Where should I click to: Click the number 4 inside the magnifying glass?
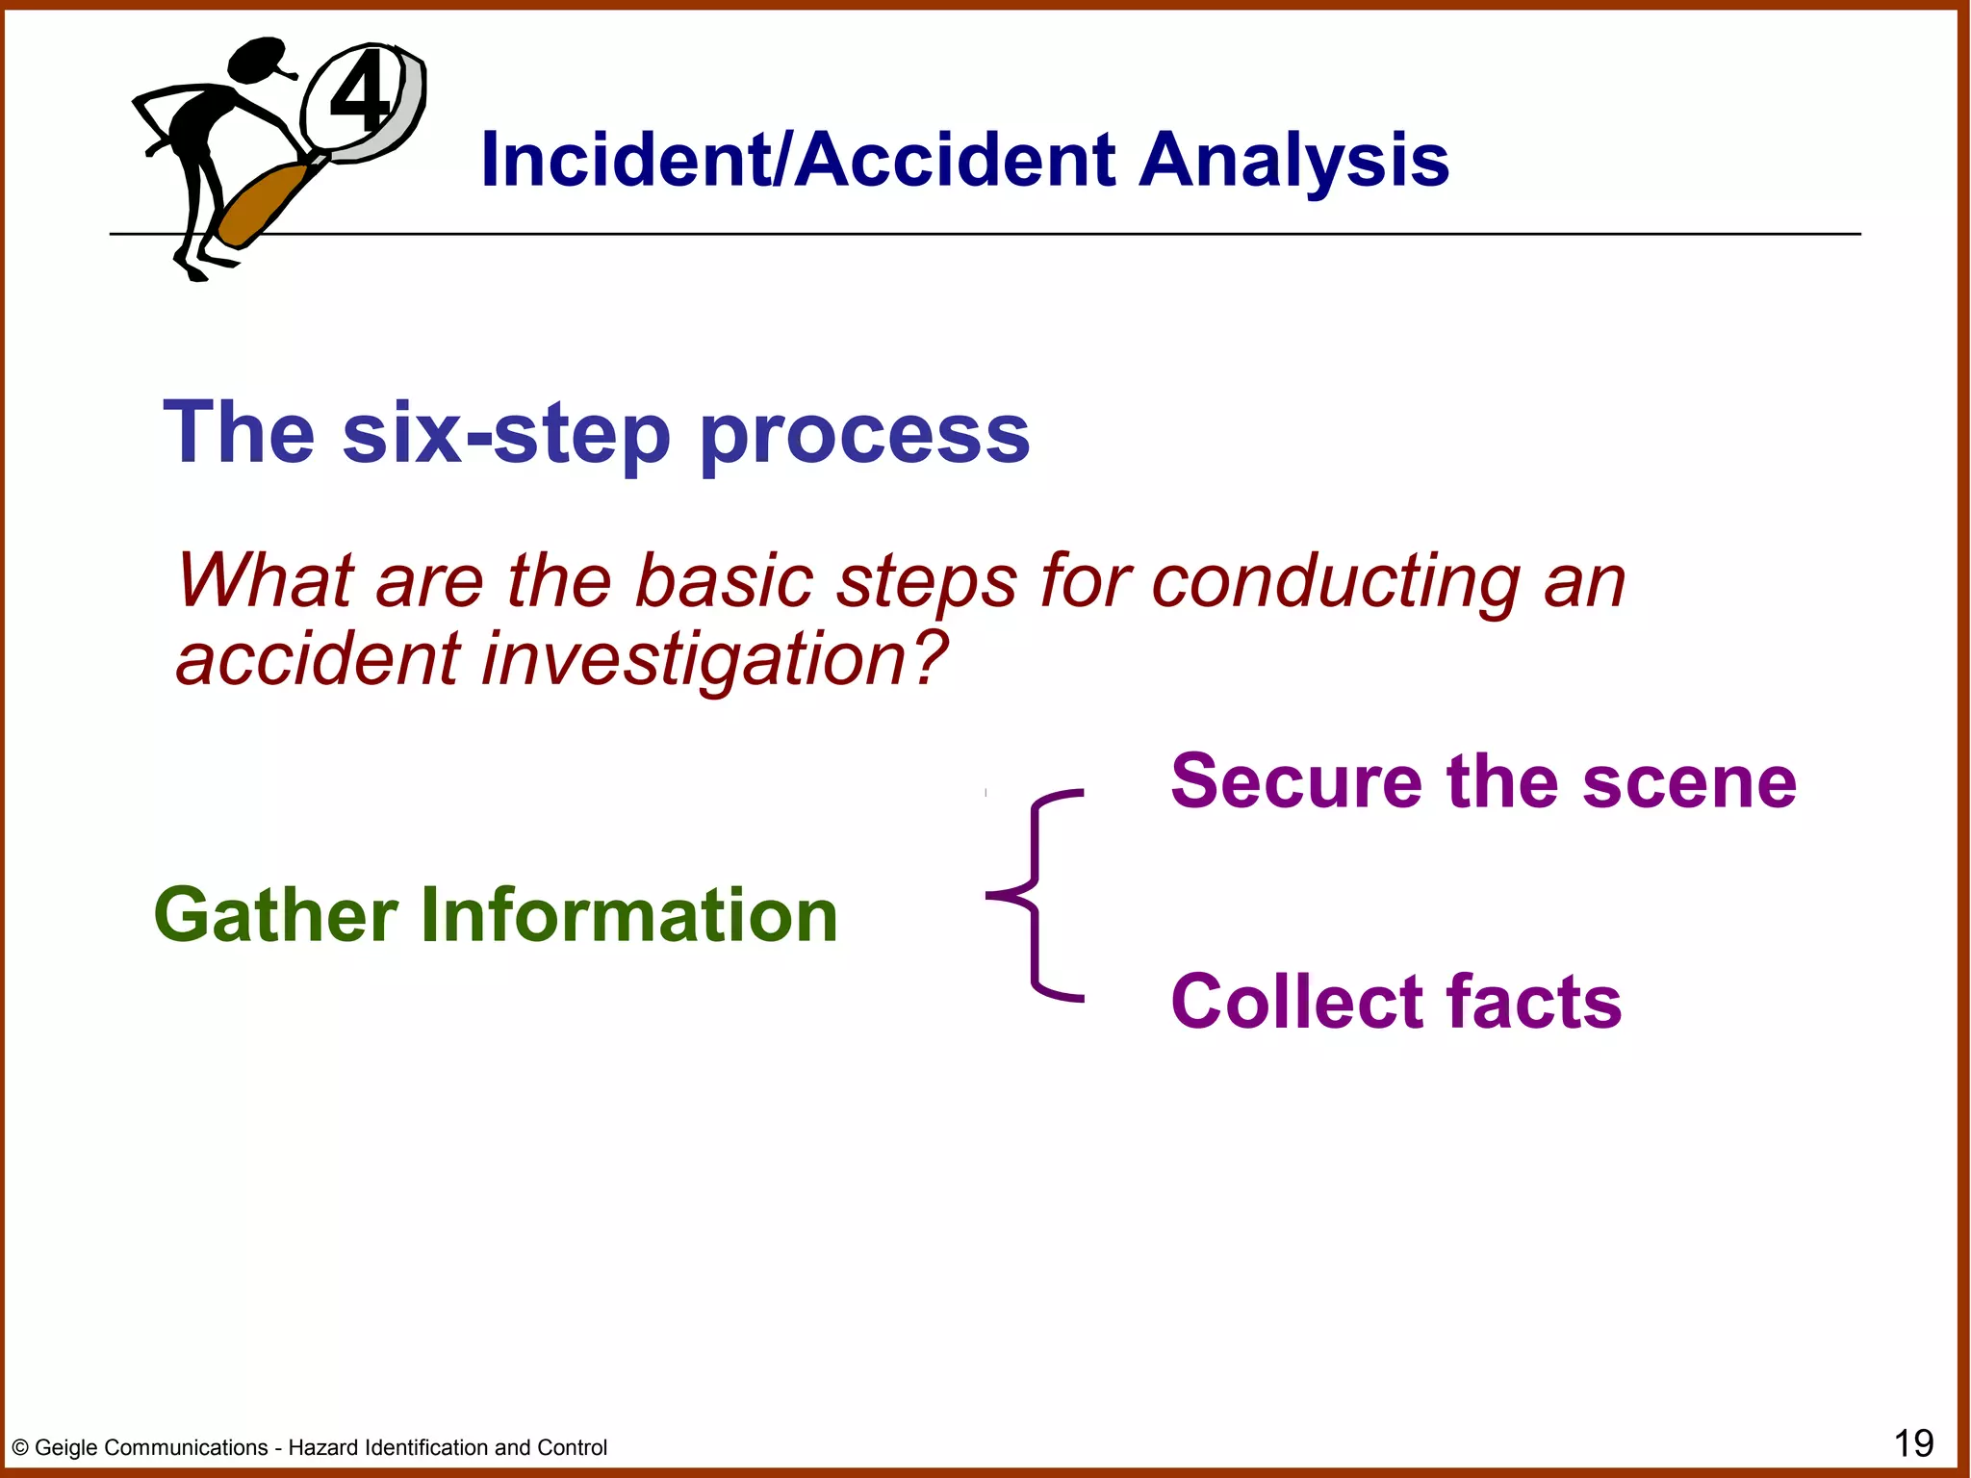(x=359, y=93)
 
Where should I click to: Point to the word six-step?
(x=506, y=434)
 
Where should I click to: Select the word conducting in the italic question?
(x=1335, y=583)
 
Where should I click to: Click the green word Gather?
(x=276, y=915)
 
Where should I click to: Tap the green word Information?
(x=629, y=915)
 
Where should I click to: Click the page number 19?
(x=1913, y=1443)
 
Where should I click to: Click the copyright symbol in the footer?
(x=20, y=1448)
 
